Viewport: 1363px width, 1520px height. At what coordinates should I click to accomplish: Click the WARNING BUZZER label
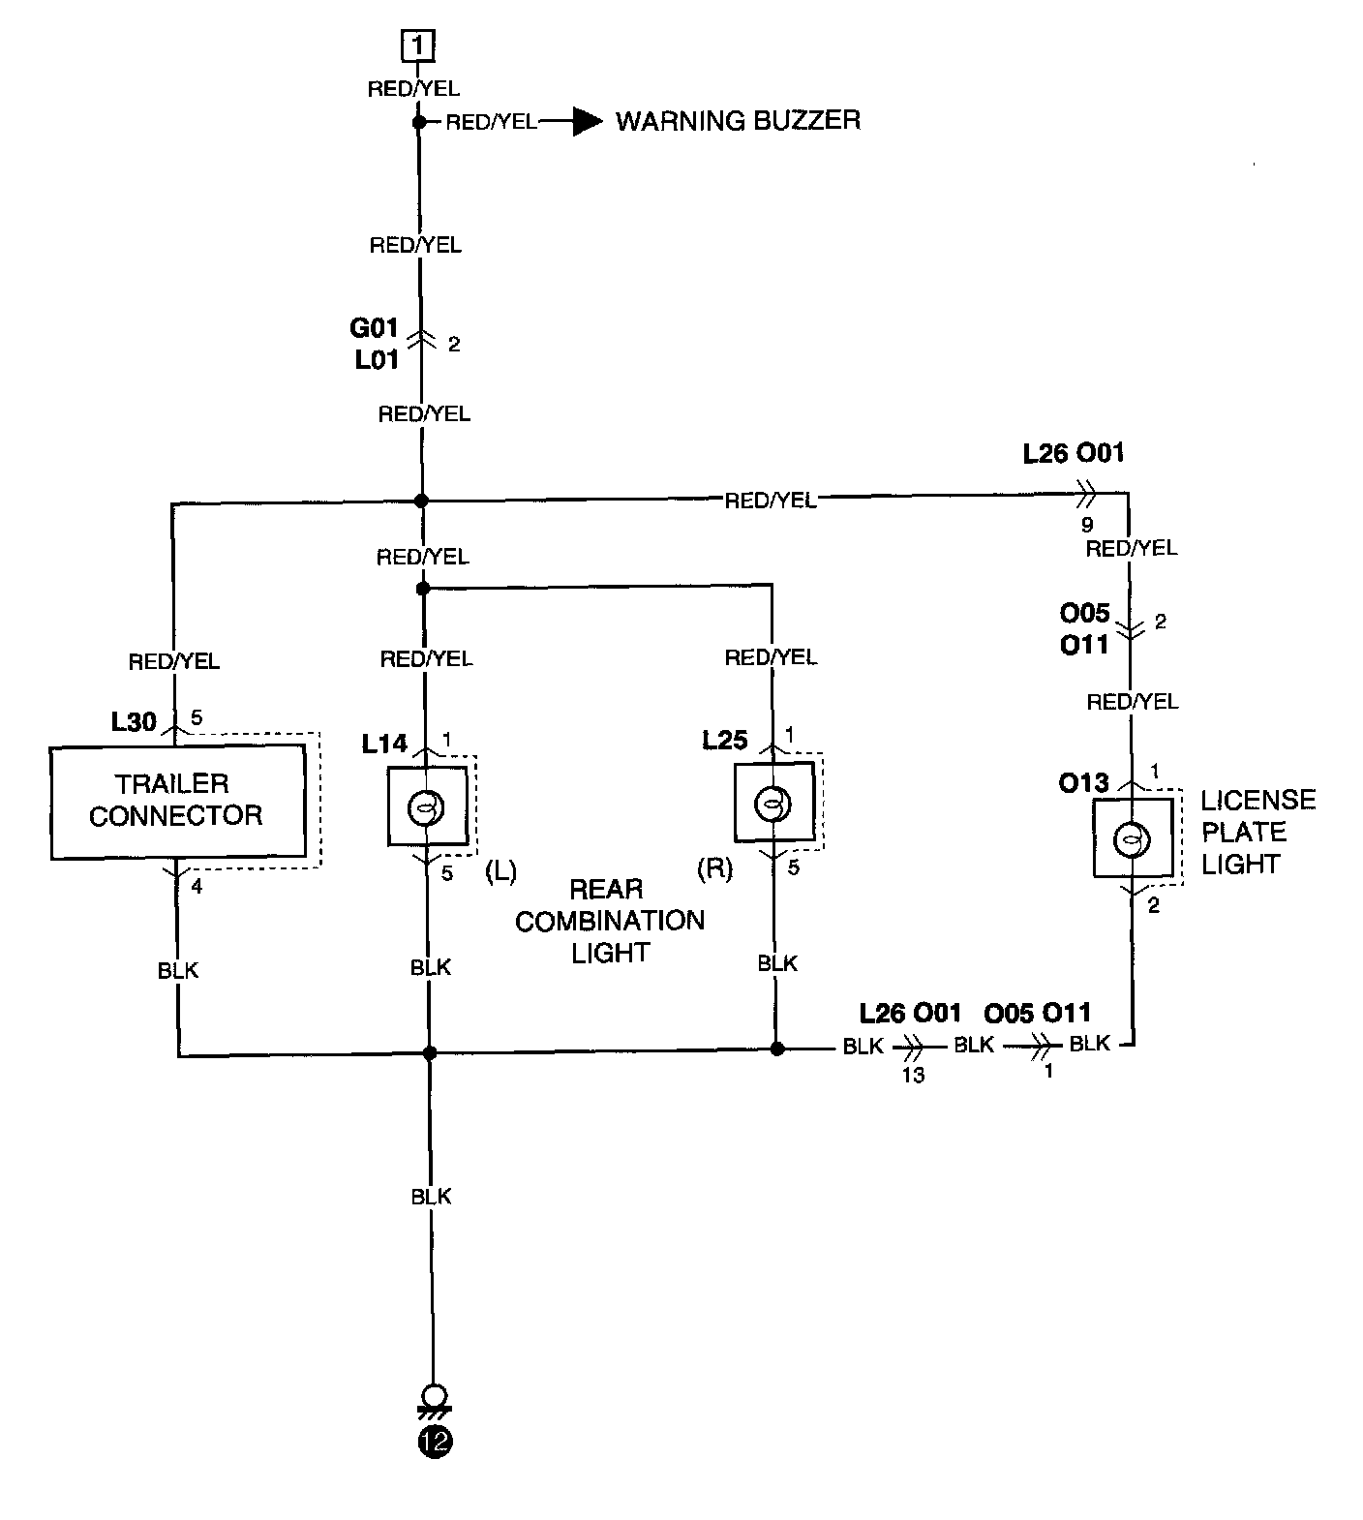point(738,121)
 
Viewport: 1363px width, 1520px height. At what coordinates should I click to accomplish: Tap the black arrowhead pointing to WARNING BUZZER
point(588,122)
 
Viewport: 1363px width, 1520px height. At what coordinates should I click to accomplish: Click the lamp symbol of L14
point(424,806)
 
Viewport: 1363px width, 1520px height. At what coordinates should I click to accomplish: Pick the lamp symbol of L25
point(772,804)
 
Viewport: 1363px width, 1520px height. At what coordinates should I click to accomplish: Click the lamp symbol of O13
point(1130,839)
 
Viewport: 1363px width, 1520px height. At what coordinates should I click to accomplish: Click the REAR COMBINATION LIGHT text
point(609,921)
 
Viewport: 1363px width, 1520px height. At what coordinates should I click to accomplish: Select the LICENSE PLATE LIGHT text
point(1258,832)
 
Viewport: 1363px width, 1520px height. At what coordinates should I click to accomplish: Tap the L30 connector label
point(134,721)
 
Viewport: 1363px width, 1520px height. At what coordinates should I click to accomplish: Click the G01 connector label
point(375,327)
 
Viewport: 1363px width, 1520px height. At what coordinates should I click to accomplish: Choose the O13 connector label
point(1084,782)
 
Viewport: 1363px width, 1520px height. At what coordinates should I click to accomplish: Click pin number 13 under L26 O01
point(913,1075)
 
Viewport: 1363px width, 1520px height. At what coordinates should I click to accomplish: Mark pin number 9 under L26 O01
point(1087,525)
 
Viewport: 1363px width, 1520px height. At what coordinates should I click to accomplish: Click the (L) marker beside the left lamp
point(501,871)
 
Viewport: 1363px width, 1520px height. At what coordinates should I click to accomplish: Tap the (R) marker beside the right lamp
point(715,868)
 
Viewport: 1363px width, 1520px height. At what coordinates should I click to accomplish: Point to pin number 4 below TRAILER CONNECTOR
point(197,886)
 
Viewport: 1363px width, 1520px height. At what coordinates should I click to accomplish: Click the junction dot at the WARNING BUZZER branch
point(419,122)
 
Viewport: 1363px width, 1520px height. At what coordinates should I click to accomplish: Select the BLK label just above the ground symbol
point(431,1197)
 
